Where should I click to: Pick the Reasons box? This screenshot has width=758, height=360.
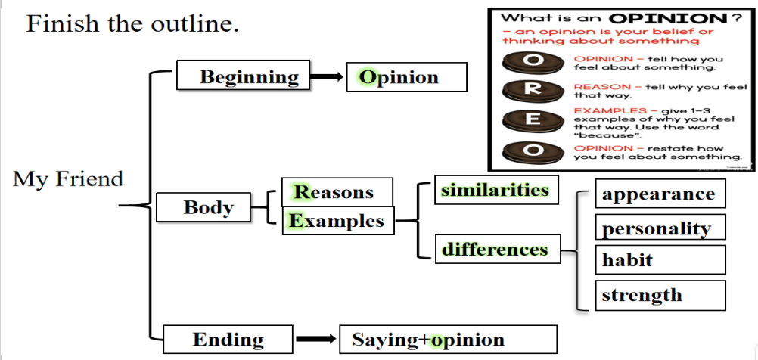click(337, 192)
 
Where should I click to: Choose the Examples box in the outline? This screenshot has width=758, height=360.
click(337, 220)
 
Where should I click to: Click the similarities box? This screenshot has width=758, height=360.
click(495, 190)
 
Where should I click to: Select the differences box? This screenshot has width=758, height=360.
click(495, 249)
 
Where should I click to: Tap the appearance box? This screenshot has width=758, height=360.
click(660, 194)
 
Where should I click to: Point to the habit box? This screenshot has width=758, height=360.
click(660, 260)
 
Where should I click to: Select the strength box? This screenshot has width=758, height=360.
click(660, 295)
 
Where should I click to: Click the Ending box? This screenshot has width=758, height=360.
click(228, 340)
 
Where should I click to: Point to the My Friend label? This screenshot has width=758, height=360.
click(68, 179)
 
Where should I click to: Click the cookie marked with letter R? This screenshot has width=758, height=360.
click(533, 88)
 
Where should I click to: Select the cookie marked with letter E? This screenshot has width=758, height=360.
click(533, 119)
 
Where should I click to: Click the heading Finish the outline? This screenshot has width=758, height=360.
click(132, 24)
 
